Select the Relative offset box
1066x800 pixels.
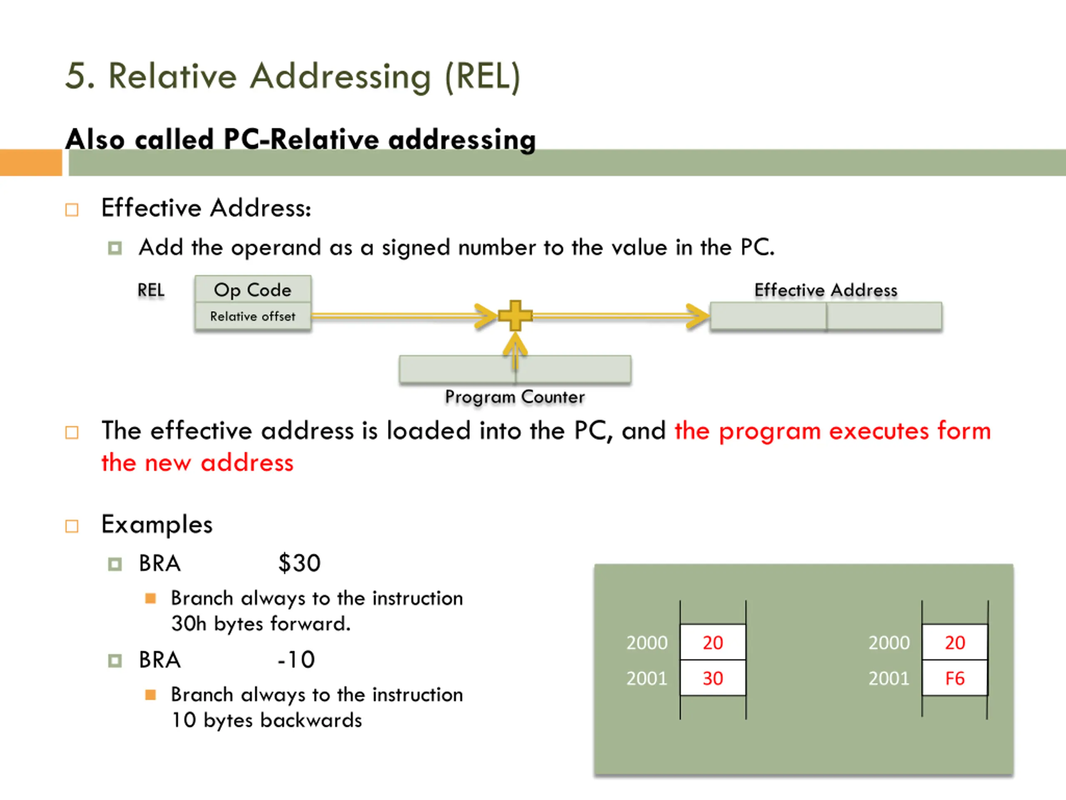click(252, 316)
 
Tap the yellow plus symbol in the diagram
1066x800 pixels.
click(515, 316)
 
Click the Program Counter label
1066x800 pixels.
click(515, 397)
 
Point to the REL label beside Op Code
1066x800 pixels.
click(151, 290)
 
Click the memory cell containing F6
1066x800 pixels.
click(955, 678)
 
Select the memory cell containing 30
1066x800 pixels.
click(713, 678)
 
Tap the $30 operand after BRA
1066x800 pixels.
click(299, 563)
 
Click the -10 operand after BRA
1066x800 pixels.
click(296, 660)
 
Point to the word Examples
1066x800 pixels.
click(157, 525)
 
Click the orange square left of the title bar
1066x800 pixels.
click(31, 162)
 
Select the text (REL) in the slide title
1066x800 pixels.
click(482, 76)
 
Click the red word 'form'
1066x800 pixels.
click(964, 430)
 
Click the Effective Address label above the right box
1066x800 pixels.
click(825, 290)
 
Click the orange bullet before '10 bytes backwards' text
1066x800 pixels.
click(150, 695)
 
